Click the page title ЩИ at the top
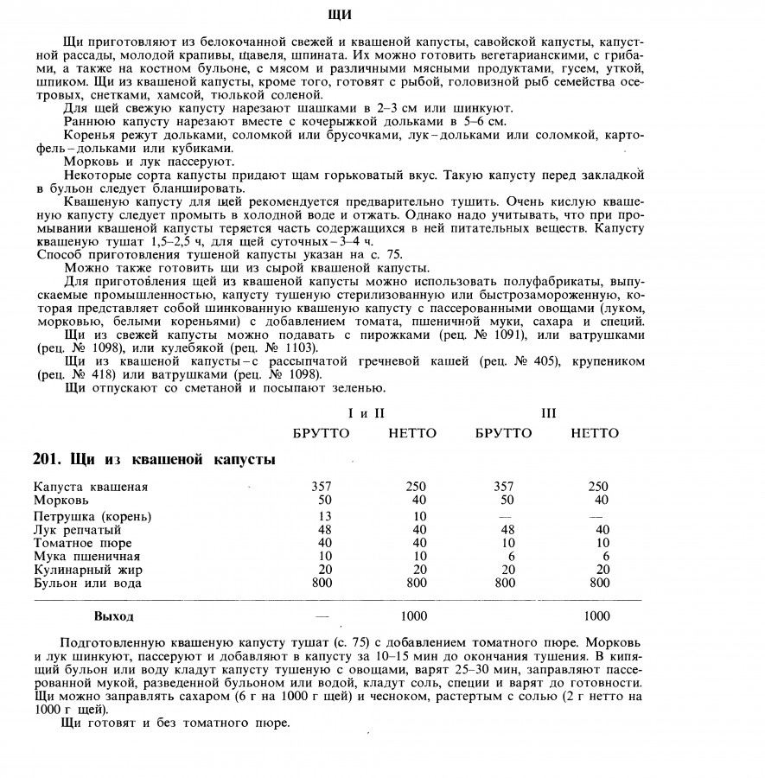point(341,15)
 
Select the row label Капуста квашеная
point(91,487)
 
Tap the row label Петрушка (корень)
point(92,516)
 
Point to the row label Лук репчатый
point(80,530)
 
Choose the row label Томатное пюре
point(83,544)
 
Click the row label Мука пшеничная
point(86,557)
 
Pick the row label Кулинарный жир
point(88,571)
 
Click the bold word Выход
point(114,616)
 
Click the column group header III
point(549,414)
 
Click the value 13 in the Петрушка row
point(321,516)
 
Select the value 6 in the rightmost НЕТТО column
point(604,557)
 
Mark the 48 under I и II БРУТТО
point(321,530)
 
